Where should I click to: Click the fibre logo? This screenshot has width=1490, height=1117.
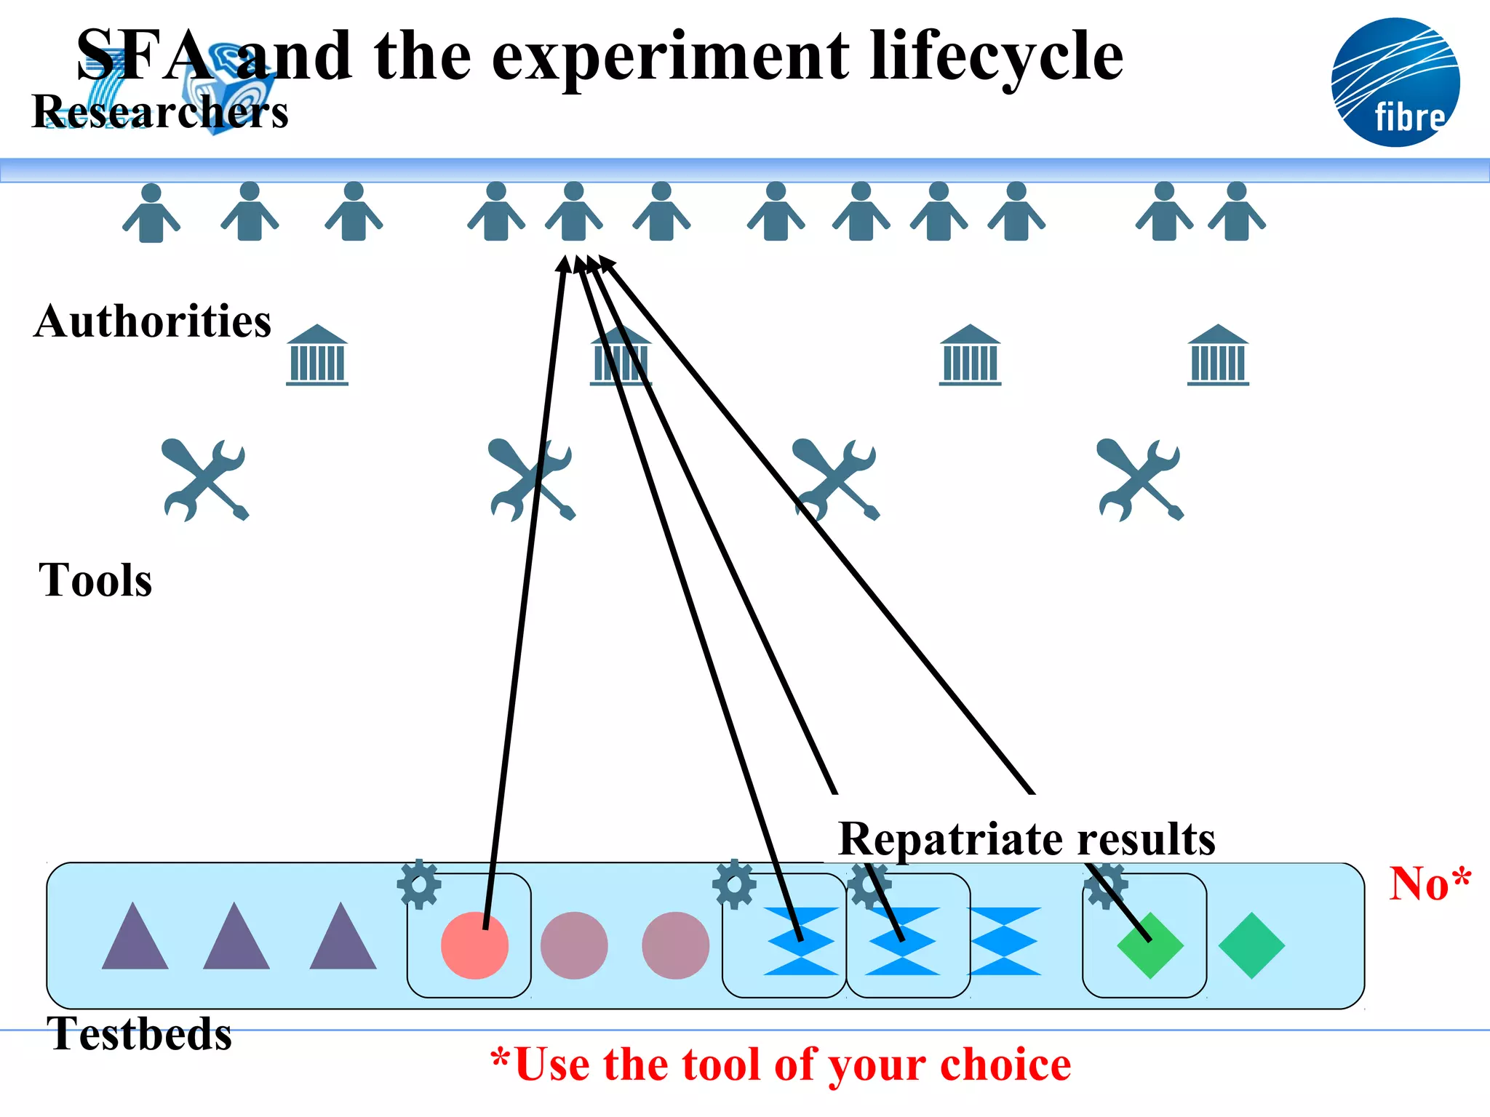coord(1395,82)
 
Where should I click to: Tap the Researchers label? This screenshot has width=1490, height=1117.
coord(160,112)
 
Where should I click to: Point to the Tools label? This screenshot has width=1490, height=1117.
coord(95,580)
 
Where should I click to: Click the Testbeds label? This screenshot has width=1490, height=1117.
coord(139,1033)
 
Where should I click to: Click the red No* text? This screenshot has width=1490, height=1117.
coord(1429,884)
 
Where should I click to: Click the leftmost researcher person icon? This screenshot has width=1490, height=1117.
coord(151,213)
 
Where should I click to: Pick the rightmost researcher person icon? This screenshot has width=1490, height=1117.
coord(1236,212)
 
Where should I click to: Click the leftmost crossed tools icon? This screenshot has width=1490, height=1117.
coord(205,480)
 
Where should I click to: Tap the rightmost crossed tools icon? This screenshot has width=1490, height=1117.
coord(1140,480)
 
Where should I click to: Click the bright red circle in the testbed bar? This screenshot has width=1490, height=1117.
coord(474,945)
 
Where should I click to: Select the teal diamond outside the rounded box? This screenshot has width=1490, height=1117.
coord(1251,945)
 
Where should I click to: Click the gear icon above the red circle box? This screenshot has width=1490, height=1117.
coord(419,884)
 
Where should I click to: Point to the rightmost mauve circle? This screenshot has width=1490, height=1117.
coord(675,945)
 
